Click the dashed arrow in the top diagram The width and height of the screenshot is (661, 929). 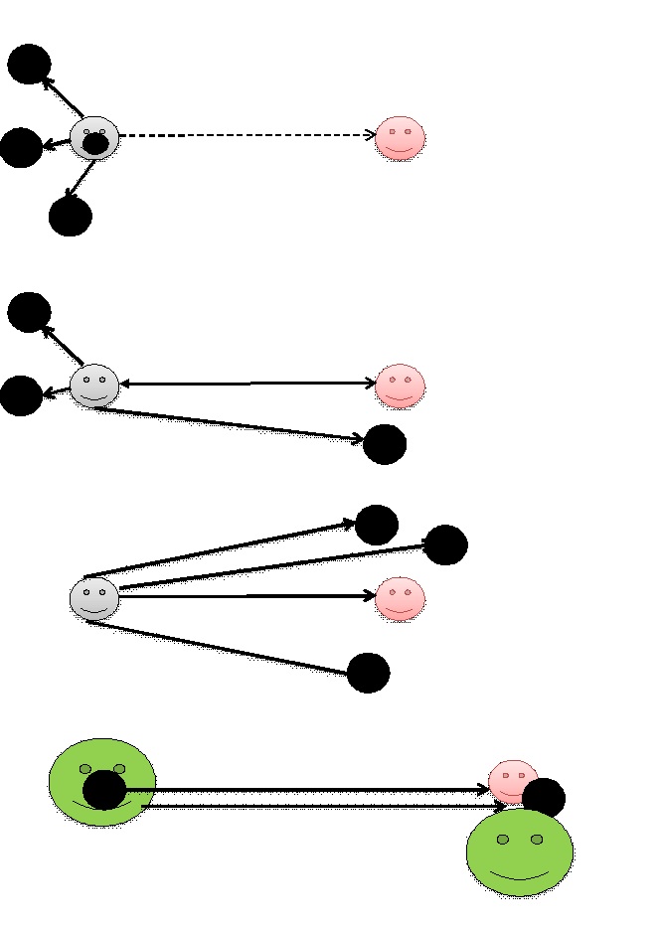tap(248, 135)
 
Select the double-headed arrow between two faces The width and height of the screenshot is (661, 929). tap(248, 384)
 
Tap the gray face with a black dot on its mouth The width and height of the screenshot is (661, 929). tap(94, 136)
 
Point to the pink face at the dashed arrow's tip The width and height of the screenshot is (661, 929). tap(400, 137)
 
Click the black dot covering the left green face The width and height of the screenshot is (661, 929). tap(104, 790)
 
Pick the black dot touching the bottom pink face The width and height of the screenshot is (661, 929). tap(544, 798)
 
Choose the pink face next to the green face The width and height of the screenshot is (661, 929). tap(512, 780)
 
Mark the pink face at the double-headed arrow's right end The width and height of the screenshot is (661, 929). tap(400, 386)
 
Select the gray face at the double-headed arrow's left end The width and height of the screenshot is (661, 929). tap(94, 385)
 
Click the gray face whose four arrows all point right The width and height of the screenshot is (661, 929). tap(94, 598)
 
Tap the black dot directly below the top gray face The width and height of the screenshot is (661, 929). tap(71, 217)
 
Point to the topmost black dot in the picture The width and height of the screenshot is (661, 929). tap(29, 65)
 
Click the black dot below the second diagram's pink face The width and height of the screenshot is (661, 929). tap(385, 444)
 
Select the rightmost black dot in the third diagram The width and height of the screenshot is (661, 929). tap(445, 544)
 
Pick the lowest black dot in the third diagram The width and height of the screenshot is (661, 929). tap(369, 673)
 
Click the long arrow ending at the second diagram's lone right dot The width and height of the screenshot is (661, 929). tap(229, 422)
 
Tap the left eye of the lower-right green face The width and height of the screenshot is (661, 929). tap(503, 840)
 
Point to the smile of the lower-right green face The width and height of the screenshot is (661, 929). tap(520, 877)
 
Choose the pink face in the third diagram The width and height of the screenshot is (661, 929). tap(400, 598)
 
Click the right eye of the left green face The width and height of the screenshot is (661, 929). tap(119, 769)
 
